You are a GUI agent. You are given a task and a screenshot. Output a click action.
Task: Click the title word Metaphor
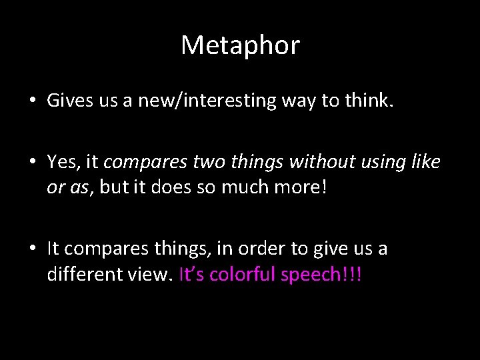coord(240,45)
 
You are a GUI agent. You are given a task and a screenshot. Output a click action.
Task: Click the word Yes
coord(62,162)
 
